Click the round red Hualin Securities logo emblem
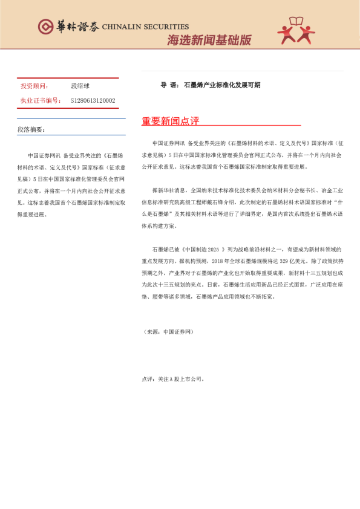[x=46, y=27]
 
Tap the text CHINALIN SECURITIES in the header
[x=145, y=27]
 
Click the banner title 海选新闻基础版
[x=209, y=41]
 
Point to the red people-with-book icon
[x=296, y=31]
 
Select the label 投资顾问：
[x=35, y=86]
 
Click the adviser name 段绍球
[x=81, y=86]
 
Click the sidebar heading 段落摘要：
[x=31, y=129]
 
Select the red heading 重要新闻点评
[x=171, y=121]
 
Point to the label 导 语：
[x=169, y=85]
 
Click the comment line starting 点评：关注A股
[x=173, y=379]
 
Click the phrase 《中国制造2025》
[x=200, y=249]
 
